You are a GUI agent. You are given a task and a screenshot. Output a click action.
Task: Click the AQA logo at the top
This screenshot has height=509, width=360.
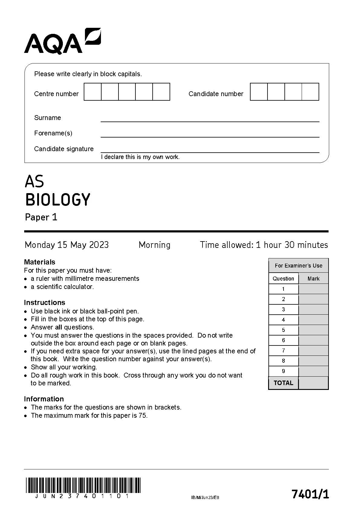62,41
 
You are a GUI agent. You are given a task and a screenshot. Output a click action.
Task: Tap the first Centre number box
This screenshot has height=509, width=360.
92,92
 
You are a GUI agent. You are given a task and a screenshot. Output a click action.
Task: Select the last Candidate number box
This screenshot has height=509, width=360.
310,92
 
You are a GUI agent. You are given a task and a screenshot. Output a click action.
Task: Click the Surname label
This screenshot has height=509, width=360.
47,118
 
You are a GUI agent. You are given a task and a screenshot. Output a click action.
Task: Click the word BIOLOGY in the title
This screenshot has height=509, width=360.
57,199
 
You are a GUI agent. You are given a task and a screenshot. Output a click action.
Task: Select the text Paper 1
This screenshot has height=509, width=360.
41,217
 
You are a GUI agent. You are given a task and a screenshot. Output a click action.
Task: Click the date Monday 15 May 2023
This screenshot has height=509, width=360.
66,245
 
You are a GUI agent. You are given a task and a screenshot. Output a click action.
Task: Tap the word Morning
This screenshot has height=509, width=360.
154,245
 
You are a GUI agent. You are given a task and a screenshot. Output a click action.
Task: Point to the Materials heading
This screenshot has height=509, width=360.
40,262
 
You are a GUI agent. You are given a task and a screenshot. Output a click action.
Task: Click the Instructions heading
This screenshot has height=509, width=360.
44,303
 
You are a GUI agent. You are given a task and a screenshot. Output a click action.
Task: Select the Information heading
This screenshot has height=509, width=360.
44,399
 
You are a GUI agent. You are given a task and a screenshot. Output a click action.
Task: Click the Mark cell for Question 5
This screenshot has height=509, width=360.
313,330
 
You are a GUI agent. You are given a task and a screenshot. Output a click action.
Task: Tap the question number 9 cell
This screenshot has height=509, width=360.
283,371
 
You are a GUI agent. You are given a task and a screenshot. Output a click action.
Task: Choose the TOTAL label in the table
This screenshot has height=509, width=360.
283,383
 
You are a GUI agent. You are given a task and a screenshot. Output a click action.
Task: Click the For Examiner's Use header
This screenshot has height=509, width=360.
298,266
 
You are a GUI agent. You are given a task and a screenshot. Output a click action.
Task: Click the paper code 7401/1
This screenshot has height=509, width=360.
310,494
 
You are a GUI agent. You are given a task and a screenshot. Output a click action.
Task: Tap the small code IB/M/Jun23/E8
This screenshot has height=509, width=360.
205,498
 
